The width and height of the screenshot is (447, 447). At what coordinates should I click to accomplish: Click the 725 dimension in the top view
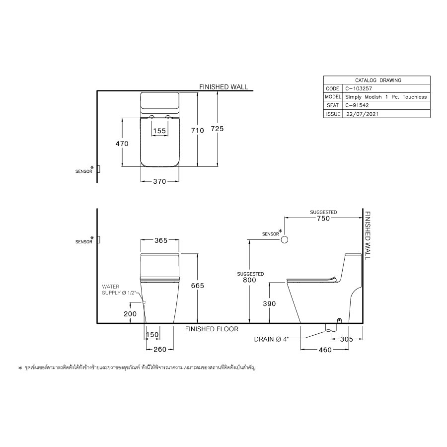pyautogui.click(x=217, y=129)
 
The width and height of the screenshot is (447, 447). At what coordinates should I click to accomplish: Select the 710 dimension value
pyautogui.click(x=198, y=130)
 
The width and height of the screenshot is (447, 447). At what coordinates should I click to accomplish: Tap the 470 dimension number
pyautogui.click(x=122, y=144)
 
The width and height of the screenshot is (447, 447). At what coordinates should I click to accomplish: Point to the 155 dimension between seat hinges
pyautogui.click(x=159, y=131)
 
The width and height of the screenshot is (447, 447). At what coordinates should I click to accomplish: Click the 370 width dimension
pyautogui.click(x=159, y=182)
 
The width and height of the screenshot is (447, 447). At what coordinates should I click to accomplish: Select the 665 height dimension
pyautogui.click(x=198, y=286)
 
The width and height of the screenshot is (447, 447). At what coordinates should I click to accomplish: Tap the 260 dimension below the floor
pyautogui.click(x=159, y=350)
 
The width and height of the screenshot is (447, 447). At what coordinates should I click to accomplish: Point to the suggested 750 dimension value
pyautogui.click(x=323, y=218)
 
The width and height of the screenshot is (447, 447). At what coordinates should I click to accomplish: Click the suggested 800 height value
pyautogui.click(x=249, y=280)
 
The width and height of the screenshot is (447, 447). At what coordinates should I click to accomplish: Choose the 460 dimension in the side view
pyautogui.click(x=324, y=350)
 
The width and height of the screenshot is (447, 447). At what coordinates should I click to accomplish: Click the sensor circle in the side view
pyautogui.click(x=285, y=240)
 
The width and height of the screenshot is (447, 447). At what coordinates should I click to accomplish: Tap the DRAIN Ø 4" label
pyautogui.click(x=270, y=339)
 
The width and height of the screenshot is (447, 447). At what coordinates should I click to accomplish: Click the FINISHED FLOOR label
pyautogui.click(x=212, y=329)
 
